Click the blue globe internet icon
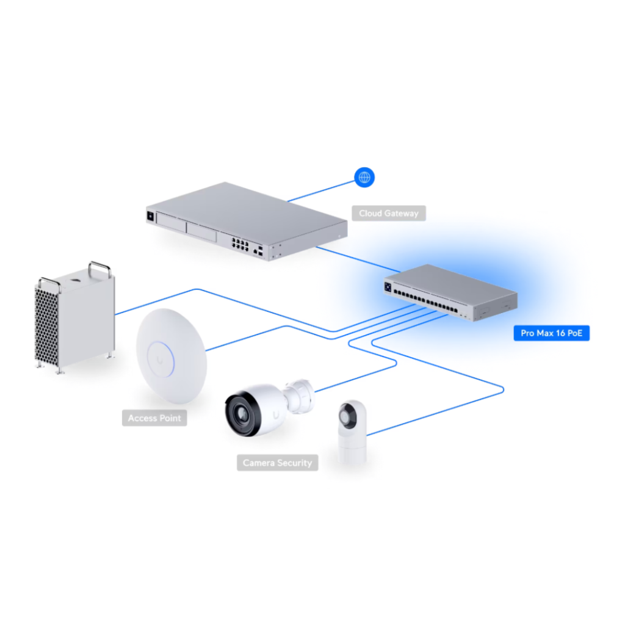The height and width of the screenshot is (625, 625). click(x=365, y=178)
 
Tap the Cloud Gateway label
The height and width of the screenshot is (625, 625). click(x=389, y=214)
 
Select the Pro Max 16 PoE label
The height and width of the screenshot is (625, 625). click(x=551, y=333)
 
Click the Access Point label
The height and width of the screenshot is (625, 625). click(x=154, y=418)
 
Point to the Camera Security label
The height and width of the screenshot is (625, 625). click(x=277, y=463)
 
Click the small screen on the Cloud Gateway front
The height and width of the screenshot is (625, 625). click(x=150, y=215)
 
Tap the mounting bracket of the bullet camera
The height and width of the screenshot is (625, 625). click(x=302, y=393)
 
